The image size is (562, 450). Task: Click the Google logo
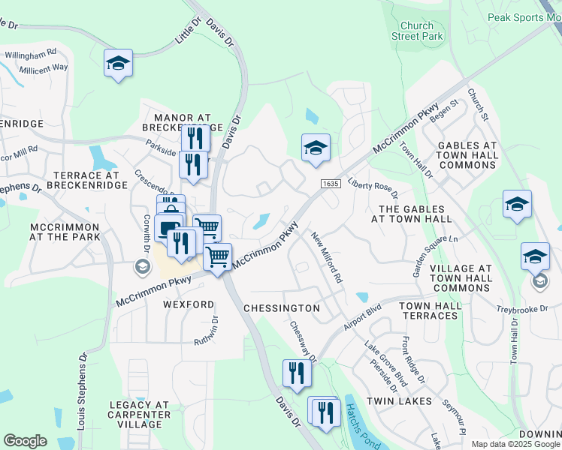(x=26, y=441)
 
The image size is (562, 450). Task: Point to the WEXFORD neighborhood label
(x=189, y=304)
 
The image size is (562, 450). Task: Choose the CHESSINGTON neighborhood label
(x=282, y=308)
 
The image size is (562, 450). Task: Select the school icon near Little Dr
(x=119, y=63)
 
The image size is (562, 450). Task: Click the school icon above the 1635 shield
(x=316, y=147)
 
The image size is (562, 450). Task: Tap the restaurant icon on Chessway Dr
(x=297, y=373)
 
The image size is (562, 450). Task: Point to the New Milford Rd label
(x=328, y=256)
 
